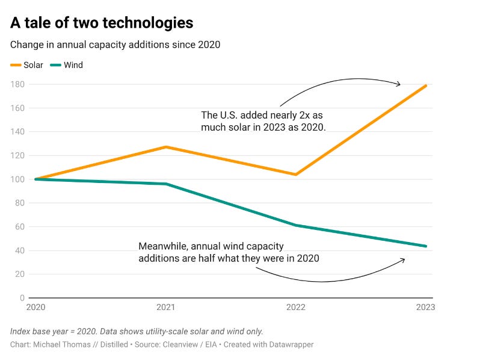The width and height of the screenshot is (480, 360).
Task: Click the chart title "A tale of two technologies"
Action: (102, 23)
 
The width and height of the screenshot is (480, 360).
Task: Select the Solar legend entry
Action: (26, 65)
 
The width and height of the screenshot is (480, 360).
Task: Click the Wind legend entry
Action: (66, 65)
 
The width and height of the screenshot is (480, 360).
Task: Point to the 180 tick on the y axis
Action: (17, 84)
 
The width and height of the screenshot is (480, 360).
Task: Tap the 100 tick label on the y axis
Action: (17, 179)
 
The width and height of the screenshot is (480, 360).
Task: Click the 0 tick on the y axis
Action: (22, 298)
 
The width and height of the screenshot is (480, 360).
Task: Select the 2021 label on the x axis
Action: (165, 307)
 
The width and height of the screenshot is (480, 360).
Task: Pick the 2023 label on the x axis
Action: (425, 307)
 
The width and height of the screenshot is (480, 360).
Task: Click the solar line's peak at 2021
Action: (166, 147)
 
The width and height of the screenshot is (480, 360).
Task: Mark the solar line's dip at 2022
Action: (296, 175)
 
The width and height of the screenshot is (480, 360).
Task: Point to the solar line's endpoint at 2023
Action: (425, 86)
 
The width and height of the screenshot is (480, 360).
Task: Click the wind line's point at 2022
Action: (296, 225)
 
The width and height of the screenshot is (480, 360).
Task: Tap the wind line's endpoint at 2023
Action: (425, 246)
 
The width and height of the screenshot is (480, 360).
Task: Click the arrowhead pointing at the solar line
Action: (399, 84)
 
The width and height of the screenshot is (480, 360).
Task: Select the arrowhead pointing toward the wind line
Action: (403, 260)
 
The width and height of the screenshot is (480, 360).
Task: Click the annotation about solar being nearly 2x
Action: (263, 121)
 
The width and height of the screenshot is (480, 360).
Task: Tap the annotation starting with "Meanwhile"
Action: (229, 252)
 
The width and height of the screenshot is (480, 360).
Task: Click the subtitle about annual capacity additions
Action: (115, 45)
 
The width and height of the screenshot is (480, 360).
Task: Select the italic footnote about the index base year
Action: (137, 332)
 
